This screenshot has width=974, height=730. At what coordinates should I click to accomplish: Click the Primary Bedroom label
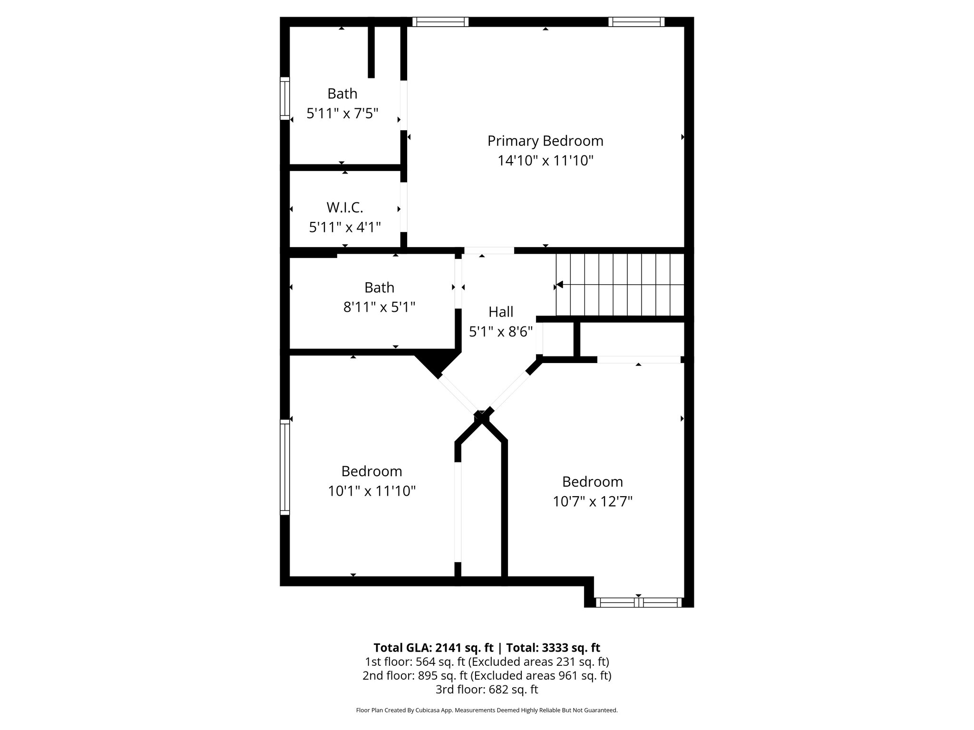pos(545,141)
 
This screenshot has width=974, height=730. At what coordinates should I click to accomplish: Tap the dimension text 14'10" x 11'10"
pos(545,161)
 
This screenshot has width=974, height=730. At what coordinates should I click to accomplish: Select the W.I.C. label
pos(345,208)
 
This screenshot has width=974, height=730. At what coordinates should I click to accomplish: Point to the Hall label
pos(501,312)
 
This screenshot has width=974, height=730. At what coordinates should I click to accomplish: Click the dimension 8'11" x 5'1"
pos(379,307)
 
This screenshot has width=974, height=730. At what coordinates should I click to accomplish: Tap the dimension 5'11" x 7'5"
pos(342,114)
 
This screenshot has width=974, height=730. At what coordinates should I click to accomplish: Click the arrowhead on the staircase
pos(560,285)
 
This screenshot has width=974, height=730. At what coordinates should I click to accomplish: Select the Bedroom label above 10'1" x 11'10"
pos(371,471)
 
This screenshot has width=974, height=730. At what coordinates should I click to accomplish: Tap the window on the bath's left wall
pos(284,98)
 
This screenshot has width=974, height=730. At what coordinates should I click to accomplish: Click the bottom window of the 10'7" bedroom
pos(638,603)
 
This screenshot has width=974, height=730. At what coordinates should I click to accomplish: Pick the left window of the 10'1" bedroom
pos(284,467)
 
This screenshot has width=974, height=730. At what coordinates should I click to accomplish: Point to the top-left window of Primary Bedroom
pos(440,22)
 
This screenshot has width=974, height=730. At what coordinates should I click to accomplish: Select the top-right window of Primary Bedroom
pos(636,22)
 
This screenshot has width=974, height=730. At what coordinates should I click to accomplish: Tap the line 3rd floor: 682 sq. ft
pos(487,689)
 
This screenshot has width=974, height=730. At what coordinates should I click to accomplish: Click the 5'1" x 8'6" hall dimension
pos(500,332)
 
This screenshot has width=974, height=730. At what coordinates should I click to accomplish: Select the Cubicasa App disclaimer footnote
pos(487,711)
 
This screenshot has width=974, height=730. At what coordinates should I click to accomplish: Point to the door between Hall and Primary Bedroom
pos(489,250)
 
